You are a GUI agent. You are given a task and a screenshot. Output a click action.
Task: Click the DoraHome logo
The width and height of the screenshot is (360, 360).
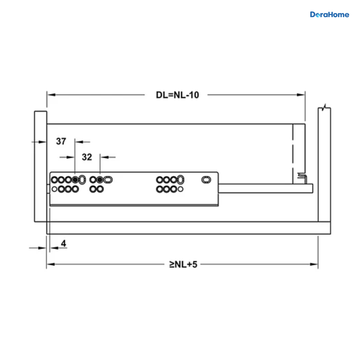pos(329,15)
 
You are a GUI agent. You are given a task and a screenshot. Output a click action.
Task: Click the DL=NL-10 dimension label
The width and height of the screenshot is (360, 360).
pos(177,95)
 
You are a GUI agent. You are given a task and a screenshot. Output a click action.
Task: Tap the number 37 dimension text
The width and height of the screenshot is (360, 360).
pos(61,141)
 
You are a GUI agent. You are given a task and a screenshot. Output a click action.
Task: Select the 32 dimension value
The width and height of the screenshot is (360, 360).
pos(87,157)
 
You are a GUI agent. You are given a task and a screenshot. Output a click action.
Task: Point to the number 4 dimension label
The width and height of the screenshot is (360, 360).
pos(64,243)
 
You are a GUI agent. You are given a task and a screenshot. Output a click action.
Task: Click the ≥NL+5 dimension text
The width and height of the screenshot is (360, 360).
pos(183,265)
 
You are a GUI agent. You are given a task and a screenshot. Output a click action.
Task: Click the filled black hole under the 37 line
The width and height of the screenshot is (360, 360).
pos(75,180)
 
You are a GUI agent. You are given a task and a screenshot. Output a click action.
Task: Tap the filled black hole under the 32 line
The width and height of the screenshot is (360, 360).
pos(100,180)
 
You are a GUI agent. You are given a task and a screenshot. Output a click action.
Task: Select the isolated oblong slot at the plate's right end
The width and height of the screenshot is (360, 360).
pos(206,180)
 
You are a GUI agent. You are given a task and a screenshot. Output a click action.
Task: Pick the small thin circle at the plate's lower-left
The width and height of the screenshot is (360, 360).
pos(54,189)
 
